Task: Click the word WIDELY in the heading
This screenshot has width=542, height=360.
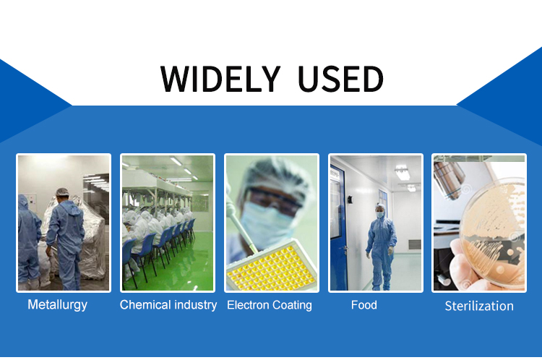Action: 220,79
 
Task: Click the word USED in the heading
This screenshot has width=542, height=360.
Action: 340,79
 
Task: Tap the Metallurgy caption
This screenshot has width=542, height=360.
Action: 57,305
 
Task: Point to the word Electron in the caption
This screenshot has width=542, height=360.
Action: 248,305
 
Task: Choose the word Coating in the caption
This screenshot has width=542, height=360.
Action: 292,305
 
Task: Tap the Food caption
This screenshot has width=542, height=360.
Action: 364,305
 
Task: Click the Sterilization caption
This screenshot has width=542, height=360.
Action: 479,306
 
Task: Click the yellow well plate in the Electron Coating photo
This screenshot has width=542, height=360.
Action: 272,266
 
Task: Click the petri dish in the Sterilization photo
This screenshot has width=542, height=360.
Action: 494,233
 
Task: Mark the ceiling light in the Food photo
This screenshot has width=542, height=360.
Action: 403,173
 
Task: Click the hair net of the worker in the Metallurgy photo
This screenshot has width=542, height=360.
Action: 62,192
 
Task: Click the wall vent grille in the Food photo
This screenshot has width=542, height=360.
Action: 415,244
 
